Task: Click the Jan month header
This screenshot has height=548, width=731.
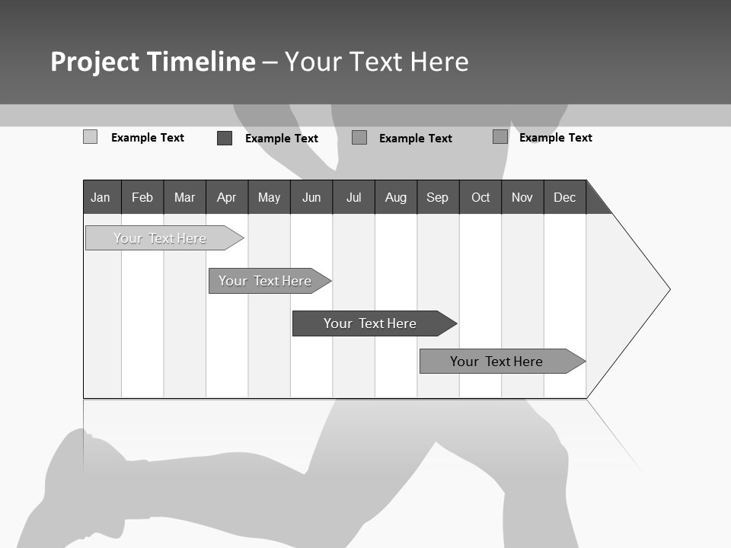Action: [x=101, y=197]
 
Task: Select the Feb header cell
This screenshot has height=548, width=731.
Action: [x=142, y=197]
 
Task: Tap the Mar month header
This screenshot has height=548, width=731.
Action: [x=184, y=197]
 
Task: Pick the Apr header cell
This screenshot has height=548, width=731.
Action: [x=227, y=197]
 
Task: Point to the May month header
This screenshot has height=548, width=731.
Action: [x=269, y=197]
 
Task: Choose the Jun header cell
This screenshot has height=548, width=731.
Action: [x=311, y=197]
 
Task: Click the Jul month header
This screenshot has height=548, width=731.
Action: [x=353, y=197]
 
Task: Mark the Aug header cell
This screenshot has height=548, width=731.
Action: [x=396, y=197]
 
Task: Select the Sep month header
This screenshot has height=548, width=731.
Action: [x=438, y=197]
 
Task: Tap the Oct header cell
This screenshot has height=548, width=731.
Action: [x=480, y=197]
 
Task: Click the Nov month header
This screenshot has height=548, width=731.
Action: [x=522, y=197]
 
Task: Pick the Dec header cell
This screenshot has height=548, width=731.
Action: [x=565, y=197]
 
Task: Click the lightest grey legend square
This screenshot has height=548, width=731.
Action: [x=91, y=137]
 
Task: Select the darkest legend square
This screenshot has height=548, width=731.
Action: [x=225, y=138]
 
